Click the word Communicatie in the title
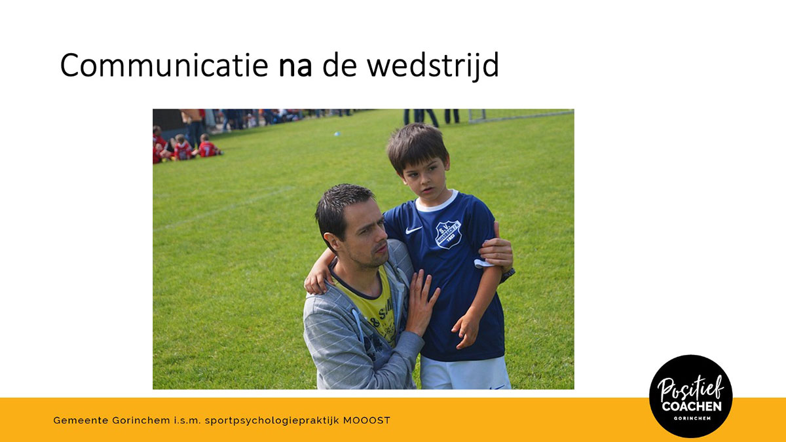pyautogui.click(x=164, y=65)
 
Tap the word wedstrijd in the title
pyautogui.click(x=433, y=65)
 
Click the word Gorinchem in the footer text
pyautogui.click(x=141, y=420)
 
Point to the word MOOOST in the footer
pyautogui.click(x=367, y=420)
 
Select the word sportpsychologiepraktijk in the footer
pyautogui.click(x=272, y=421)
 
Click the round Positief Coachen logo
pyautogui.click(x=690, y=396)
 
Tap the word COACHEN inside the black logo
pyautogui.click(x=692, y=406)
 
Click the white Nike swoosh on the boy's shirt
pyautogui.click(x=413, y=230)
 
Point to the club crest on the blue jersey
pyautogui.click(x=448, y=234)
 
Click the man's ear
pyautogui.click(x=331, y=242)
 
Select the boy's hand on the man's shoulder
pyautogui.click(x=318, y=280)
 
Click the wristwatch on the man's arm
pyautogui.click(x=508, y=274)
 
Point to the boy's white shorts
pyautogui.click(x=465, y=373)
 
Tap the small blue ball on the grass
pyautogui.click(x=337, y=134)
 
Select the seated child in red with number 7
pyautogui.click(x=208, y=146)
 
